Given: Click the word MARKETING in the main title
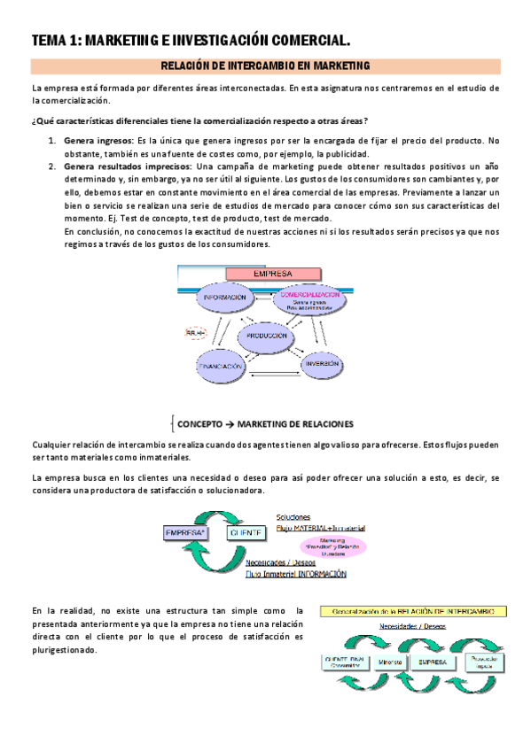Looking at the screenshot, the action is [x=123, y=40].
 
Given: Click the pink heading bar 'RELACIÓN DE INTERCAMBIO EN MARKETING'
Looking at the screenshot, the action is [x=265, y=66].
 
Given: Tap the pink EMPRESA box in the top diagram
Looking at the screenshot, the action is [x=273, y=275].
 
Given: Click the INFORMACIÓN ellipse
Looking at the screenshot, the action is [x=225, y=298].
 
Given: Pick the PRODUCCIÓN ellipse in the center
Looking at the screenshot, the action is [x=267, y=337].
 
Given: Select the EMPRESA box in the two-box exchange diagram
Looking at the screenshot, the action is [x=184, y=532].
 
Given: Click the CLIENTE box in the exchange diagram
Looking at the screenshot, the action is [x=246, y=532].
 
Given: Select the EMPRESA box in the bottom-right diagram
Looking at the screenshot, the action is [x=433, y=662].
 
